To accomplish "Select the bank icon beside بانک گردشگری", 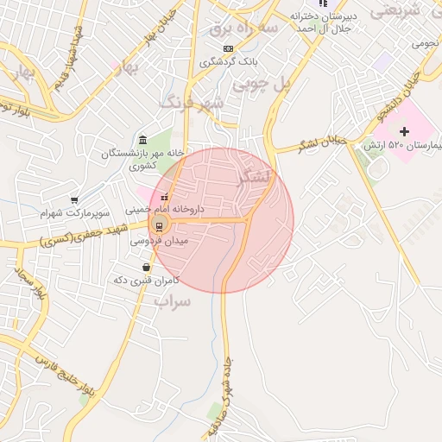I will (228, 48).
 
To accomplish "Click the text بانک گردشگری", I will (224, 62).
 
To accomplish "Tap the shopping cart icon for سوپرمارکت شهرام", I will (74, 199).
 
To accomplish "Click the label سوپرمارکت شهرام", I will (75, 212).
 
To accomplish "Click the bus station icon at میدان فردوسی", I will (159, 227).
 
